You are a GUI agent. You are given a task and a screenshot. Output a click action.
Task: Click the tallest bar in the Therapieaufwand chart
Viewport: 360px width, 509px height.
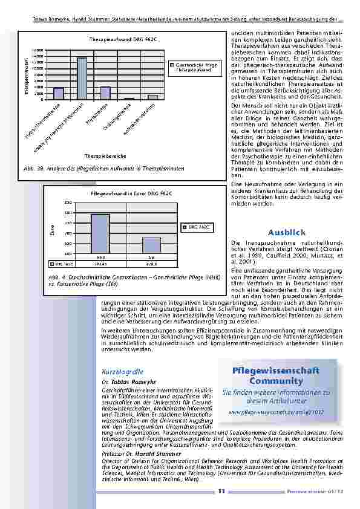pos(82,78)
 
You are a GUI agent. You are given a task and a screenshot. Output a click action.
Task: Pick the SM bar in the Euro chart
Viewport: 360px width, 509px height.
pos(151,245)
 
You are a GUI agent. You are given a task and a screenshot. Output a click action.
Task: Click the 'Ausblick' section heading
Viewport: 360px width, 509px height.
pos(284,232)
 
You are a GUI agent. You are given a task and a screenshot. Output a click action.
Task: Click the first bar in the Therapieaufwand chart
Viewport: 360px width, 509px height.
pos(59,93)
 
